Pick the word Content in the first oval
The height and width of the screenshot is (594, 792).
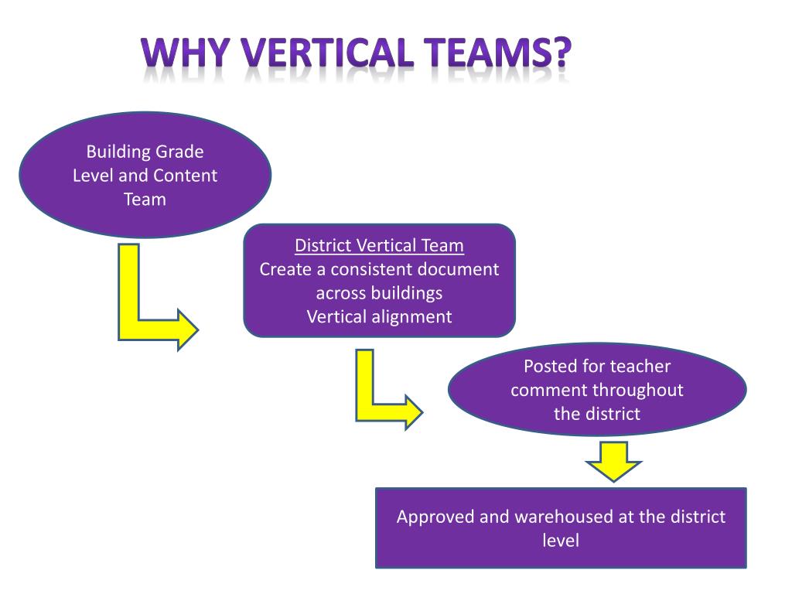[185, 176]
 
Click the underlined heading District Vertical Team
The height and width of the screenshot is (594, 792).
[379, 246]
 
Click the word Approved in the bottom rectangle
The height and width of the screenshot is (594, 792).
[435, 517]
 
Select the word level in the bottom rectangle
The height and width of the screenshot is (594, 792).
[561, 540]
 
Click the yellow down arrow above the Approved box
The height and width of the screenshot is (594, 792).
[613, 460]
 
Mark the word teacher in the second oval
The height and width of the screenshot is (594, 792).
[640, 366]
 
